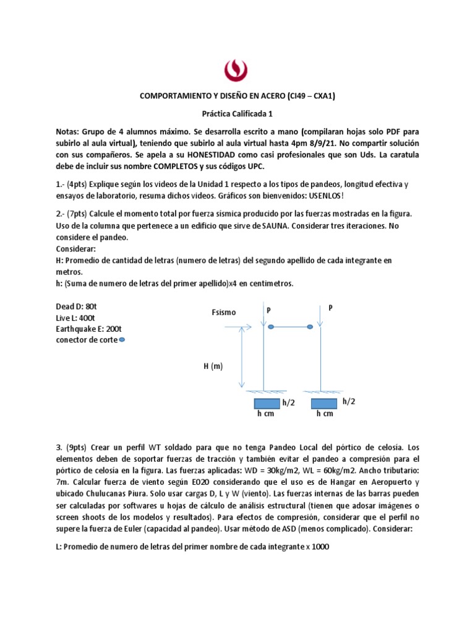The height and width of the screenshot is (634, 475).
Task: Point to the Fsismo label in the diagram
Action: click(x=223, y=313)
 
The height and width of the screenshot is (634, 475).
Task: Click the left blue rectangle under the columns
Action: click(x=266, y=403)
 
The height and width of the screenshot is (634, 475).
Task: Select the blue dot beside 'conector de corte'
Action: click(x=121, y=339)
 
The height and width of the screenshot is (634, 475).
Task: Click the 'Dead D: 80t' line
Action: click(x=77, y=306)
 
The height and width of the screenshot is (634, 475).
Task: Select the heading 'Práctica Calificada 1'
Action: click(x=237, y=114)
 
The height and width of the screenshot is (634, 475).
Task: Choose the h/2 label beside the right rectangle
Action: click(x=349, y=401)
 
